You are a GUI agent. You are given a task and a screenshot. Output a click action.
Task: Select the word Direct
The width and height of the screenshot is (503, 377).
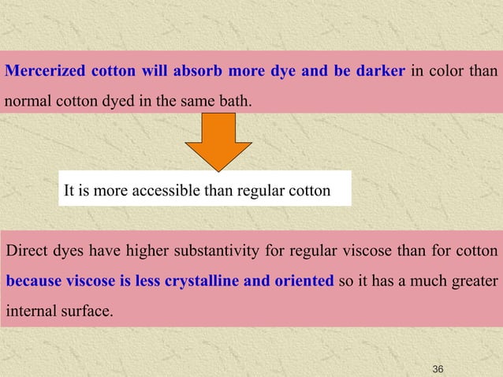[x=25, y=252]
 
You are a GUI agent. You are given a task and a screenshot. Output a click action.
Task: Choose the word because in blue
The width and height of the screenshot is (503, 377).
[x=37, y=282]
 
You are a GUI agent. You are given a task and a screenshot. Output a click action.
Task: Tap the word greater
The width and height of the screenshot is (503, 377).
[x=475, y=282]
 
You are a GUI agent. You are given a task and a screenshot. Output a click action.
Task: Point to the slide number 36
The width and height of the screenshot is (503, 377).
[x=439, y=369]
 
